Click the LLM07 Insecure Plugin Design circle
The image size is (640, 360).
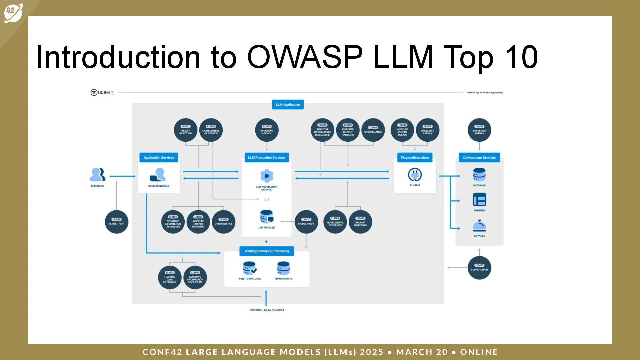click(402, 130)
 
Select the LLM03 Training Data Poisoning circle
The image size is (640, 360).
click(170, 277)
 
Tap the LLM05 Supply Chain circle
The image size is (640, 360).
click(479, 268)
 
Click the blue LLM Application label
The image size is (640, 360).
click(288, 105)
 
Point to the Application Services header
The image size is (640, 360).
click(159, 158)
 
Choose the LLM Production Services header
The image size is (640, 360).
click(267, 158)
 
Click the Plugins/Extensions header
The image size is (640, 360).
click(415, 158)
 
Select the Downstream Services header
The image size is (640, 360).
click(479, 158)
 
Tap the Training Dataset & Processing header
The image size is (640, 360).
click(267, 251)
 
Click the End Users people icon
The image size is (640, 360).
click(97, 175)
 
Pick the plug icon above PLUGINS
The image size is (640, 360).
click(415, 175)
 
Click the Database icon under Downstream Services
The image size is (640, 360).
click(479, 175)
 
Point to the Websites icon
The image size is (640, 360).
click(479, 200)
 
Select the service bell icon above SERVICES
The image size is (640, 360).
click(479, 226)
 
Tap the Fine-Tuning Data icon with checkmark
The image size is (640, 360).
click(250, 268)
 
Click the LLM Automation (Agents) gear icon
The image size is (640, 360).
click(267, 176)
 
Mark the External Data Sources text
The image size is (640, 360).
click(267, 310)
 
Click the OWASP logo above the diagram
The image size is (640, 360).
click(102, 92)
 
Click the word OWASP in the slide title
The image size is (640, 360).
click(305, 57)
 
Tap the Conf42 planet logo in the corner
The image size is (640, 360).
click(13, 13)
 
